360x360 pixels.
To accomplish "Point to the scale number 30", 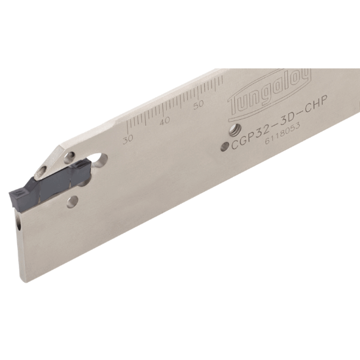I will coord(128,138).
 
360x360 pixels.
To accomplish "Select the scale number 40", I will coord(164,120).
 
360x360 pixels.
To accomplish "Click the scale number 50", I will coord(199,103).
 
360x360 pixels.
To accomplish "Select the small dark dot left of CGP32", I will coord(225,147).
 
